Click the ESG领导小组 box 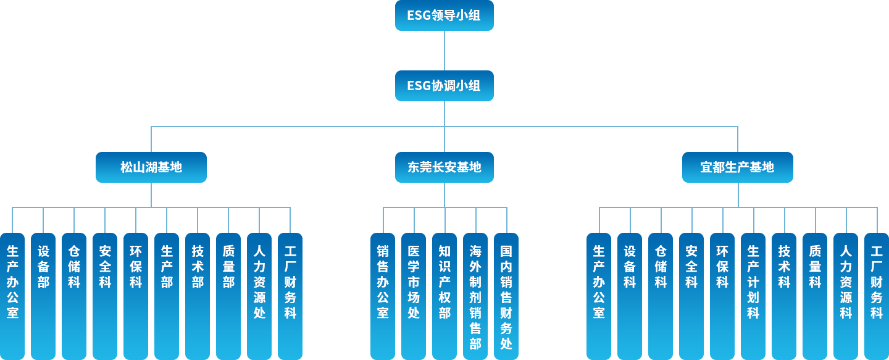[444, 16]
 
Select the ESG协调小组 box [444, 86]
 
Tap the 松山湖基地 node [151, 167]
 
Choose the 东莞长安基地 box [444, 167]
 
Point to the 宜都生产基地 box [737, 167]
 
